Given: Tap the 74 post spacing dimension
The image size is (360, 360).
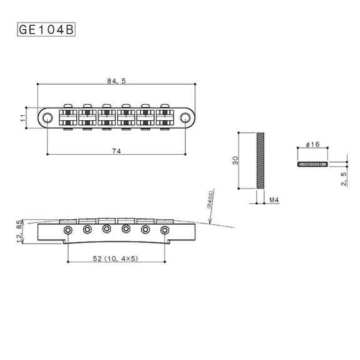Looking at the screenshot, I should coord(116,150).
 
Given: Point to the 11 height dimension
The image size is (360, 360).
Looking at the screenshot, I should coord(23,117).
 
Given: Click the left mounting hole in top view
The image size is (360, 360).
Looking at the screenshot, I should coord(48,117).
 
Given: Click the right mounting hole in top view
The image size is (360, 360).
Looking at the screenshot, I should coord(185,117).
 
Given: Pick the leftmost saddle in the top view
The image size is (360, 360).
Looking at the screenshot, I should coord(68,117).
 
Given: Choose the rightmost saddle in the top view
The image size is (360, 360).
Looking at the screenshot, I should coord(165,117).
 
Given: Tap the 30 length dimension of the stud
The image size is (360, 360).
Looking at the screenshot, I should coord(235,160).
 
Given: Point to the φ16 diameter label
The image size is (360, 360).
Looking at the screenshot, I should coord(312,145).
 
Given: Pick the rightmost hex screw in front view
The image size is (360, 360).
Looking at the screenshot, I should coord(165,231).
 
